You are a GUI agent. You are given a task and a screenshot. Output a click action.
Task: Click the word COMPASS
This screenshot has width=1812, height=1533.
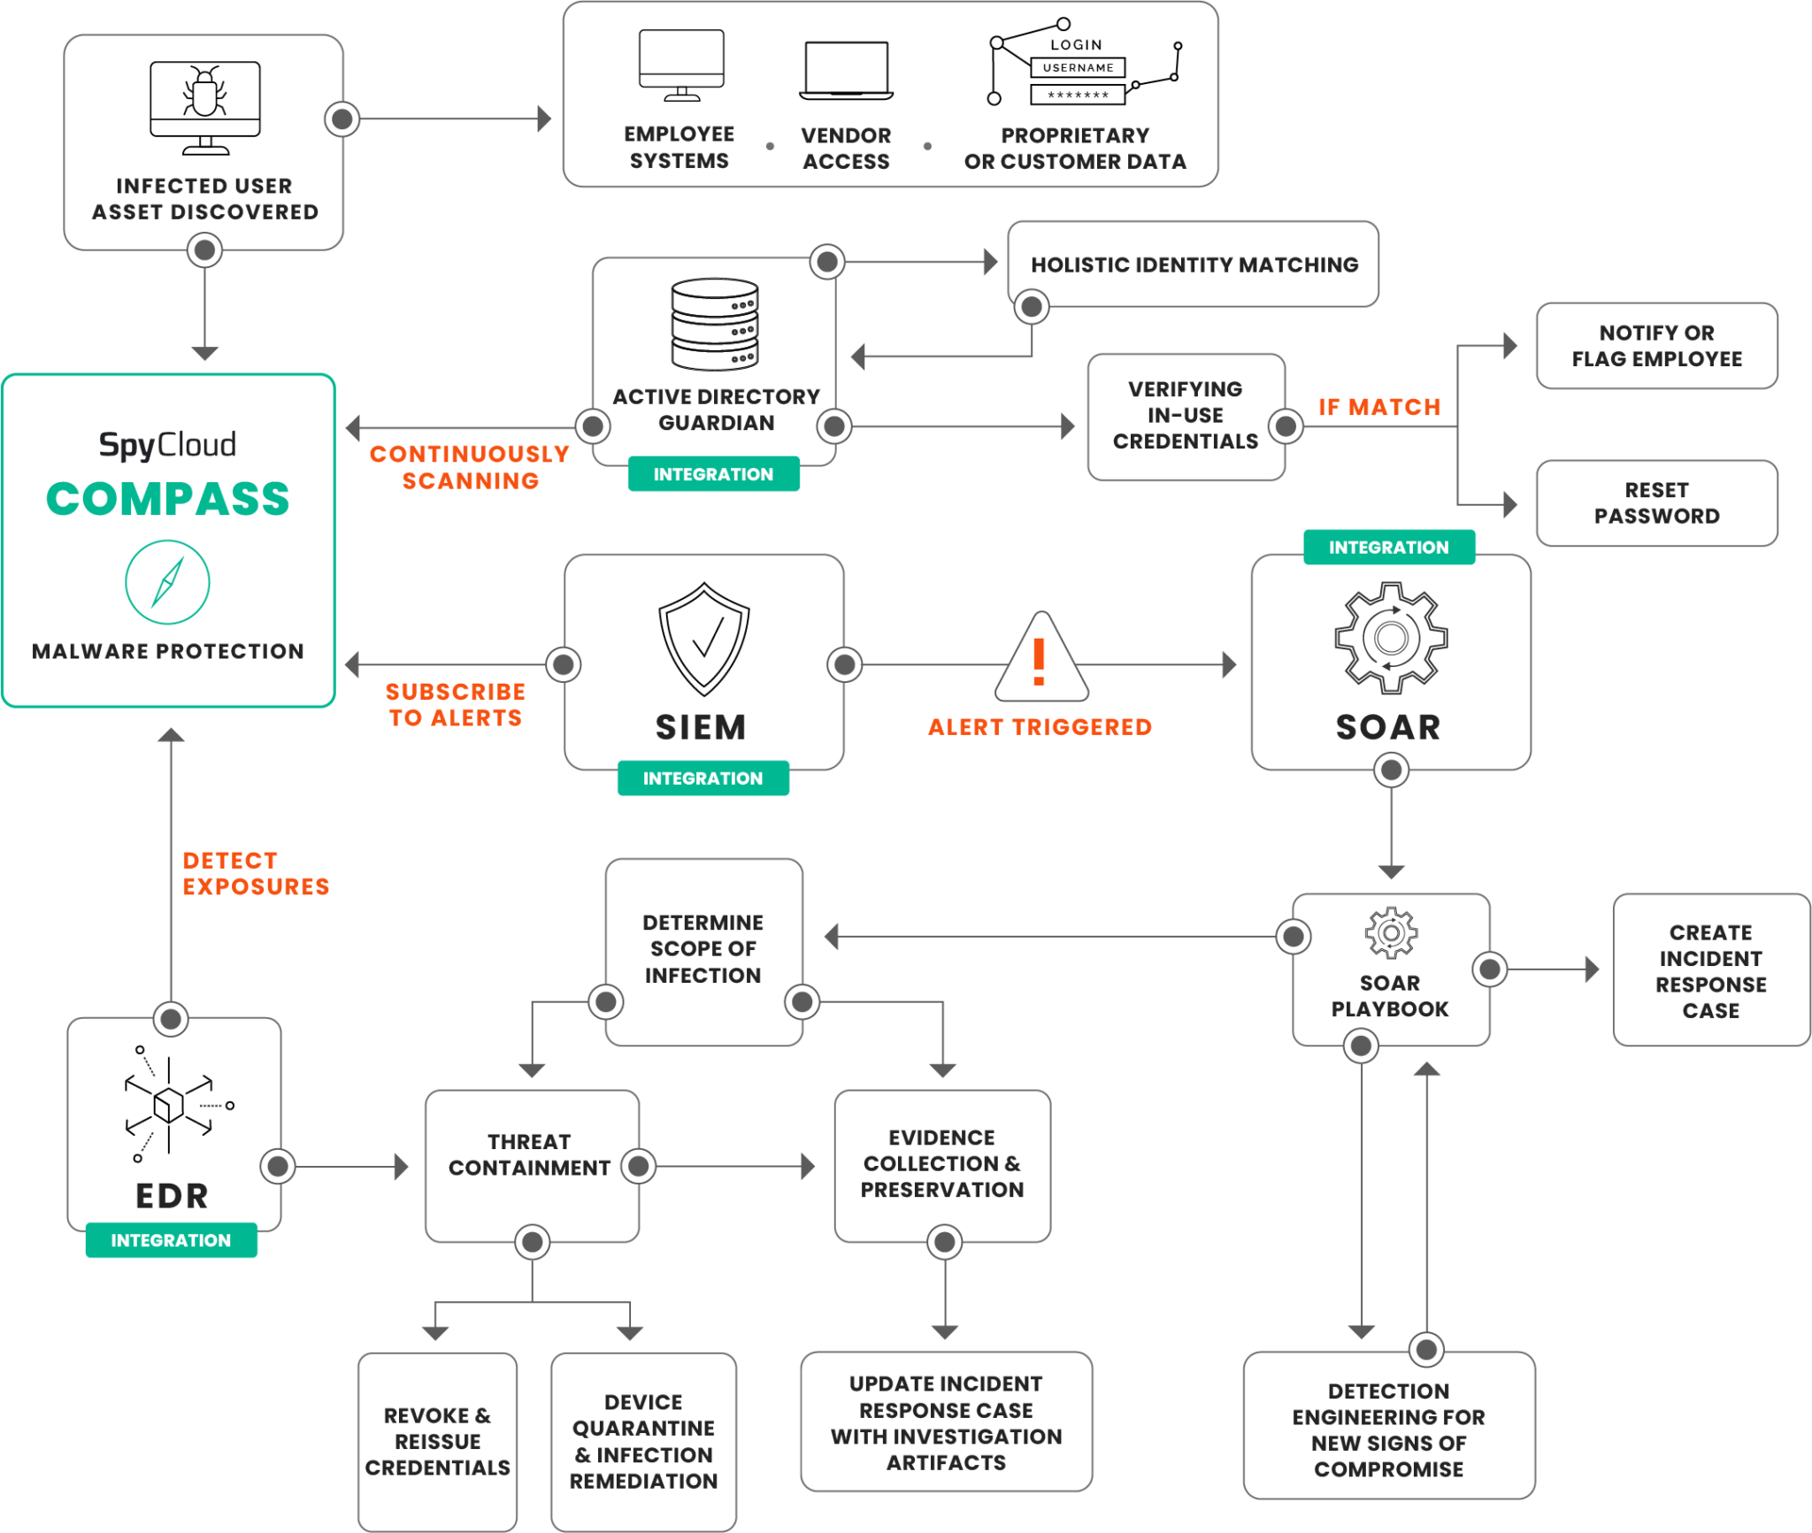pos(167,499)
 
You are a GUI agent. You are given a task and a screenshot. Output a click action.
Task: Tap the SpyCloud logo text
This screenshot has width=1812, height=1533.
pos(167,444)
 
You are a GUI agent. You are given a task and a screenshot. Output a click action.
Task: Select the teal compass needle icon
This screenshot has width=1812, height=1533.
pos(167,582)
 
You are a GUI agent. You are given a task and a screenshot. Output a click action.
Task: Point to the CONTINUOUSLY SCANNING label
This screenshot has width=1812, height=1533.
pos(469,467)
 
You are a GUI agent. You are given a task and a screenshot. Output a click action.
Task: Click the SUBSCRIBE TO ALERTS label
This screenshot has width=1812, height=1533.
pos(455,704)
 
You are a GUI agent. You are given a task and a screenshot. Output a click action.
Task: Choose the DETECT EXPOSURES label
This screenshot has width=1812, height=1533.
pos(255,873)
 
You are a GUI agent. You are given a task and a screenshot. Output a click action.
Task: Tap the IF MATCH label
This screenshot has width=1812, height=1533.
pos(1379,407)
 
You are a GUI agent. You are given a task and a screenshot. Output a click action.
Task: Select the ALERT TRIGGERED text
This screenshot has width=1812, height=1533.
pos(1040,727)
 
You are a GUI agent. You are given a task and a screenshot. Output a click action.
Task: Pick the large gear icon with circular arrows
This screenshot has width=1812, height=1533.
pos(1390,637)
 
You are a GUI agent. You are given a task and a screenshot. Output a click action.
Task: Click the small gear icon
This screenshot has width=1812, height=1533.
pos(1391,932)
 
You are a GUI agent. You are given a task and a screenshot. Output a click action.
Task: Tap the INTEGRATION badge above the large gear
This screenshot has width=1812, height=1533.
pos(1389,547)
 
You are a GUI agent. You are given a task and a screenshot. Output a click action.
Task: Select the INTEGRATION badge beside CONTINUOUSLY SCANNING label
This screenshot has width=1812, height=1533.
pos(713,474)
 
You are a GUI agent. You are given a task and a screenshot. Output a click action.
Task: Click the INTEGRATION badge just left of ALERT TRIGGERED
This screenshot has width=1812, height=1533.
pos(703,778)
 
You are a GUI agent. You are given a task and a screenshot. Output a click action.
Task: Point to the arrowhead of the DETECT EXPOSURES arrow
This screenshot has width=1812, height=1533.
pos(171,735)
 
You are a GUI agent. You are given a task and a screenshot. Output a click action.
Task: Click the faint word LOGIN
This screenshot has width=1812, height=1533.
pos(1076,45)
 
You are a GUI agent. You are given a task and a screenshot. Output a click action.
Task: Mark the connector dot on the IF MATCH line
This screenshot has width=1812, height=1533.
pos(1286,426)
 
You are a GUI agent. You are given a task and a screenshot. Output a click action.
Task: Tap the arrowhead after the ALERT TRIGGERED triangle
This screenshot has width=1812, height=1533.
pos(1229,664)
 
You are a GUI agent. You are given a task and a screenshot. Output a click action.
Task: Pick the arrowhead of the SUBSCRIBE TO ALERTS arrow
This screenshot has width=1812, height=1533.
pos(352,664)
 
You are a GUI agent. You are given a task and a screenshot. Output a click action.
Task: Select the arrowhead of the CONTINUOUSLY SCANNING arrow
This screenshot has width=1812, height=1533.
pos(353,427)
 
